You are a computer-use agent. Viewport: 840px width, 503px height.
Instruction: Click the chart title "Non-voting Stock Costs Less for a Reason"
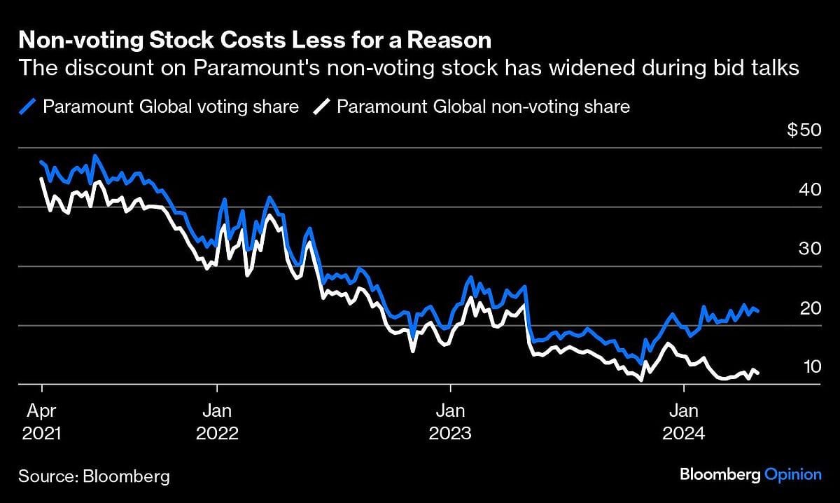click(x=255, y=41)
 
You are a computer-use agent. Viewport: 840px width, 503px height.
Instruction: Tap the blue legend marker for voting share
click(x=29, y=106)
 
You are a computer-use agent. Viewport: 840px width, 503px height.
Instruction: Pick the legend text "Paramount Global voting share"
click(x=171, y=106)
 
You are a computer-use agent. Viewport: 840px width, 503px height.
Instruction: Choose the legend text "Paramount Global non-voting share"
click(x=484, y=106)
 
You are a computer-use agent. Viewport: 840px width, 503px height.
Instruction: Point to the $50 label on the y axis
click(x=804, y=131)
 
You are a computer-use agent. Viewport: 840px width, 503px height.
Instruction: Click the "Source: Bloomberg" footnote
click(x=94, y=476)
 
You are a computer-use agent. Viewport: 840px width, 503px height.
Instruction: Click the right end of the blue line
click(x=759, y=311)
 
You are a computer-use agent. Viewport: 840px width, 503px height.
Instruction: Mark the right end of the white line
click(x=759, y=373)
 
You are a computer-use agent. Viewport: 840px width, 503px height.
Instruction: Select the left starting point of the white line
click(x=42, y=179)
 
